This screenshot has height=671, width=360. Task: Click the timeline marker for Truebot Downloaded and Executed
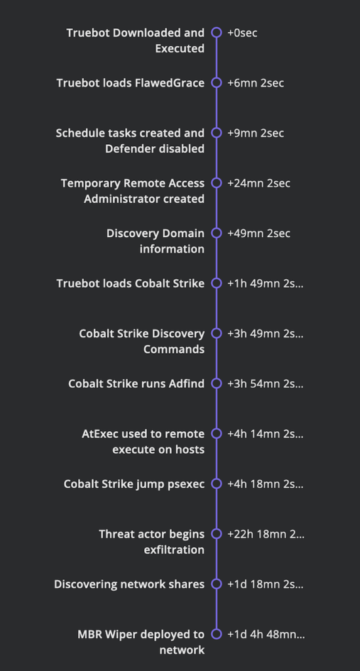point(216,33)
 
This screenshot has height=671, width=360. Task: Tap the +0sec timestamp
point(242,33)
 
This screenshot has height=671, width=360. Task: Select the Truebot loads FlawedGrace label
point(130,83)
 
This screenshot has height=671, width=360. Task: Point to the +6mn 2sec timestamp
point(256,83)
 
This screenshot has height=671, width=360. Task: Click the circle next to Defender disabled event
point(216,132)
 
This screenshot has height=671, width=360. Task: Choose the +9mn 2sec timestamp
point(256,133)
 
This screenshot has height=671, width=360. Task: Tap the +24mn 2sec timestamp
point(258,183)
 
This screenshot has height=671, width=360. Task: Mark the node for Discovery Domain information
point(216,233)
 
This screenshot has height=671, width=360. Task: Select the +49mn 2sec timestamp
point(258,233)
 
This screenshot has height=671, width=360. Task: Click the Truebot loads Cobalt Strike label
point(130,283)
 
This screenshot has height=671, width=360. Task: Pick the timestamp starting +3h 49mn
point(266,334)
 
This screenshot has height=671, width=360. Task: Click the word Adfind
point(188,383)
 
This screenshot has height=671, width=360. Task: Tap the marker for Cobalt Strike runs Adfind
point(216,383)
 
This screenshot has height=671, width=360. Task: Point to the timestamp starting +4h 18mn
point(266,484)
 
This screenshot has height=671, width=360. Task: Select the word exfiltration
point(174,550)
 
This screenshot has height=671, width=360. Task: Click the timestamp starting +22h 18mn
point(266,533)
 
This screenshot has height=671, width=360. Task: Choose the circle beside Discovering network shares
point(216,584)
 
